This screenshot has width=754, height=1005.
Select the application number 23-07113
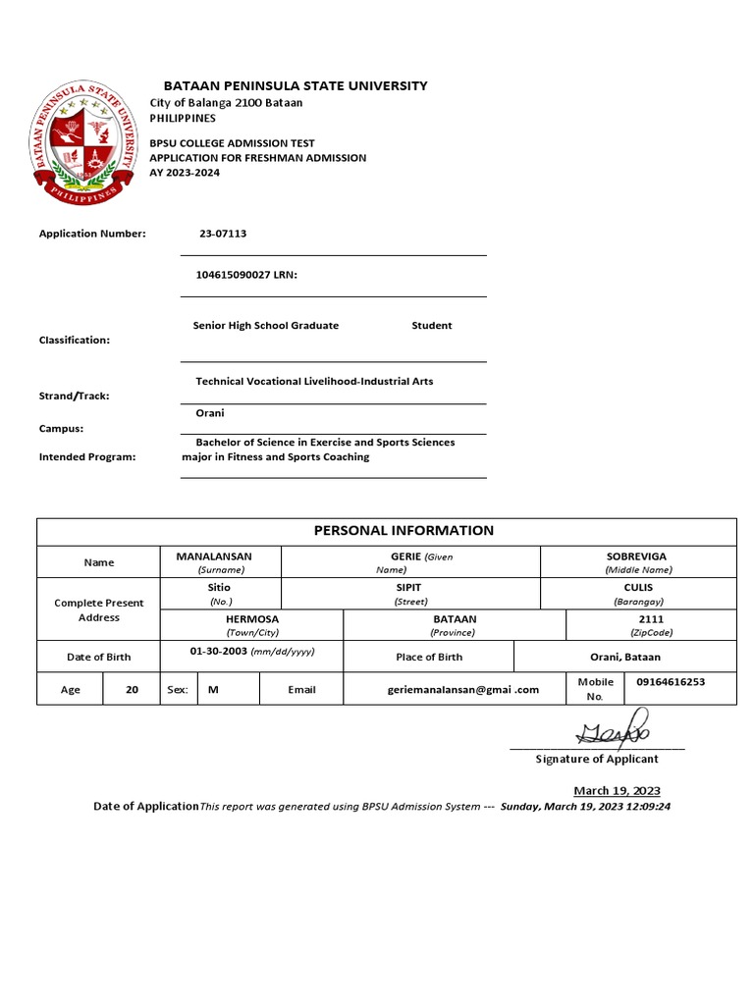[223, 234]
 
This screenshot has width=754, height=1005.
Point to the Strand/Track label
[75, 397]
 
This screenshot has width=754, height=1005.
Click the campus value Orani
[210, 413]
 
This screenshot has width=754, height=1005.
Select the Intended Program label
[87, 456]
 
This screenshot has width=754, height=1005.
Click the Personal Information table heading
[404, 531]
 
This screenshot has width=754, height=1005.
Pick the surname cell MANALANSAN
[221, 556]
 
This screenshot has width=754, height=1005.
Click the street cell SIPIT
[409, 587]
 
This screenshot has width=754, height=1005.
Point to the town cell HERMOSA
[251, 619]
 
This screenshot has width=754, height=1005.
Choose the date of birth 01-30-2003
[220, 651]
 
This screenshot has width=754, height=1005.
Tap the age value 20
[132, 690]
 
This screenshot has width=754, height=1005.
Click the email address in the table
[463, 690]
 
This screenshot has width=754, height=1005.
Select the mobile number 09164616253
[671, 681]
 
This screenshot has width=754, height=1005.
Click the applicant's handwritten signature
[615, 733]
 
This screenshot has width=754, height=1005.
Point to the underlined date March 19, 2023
[617, 791]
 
